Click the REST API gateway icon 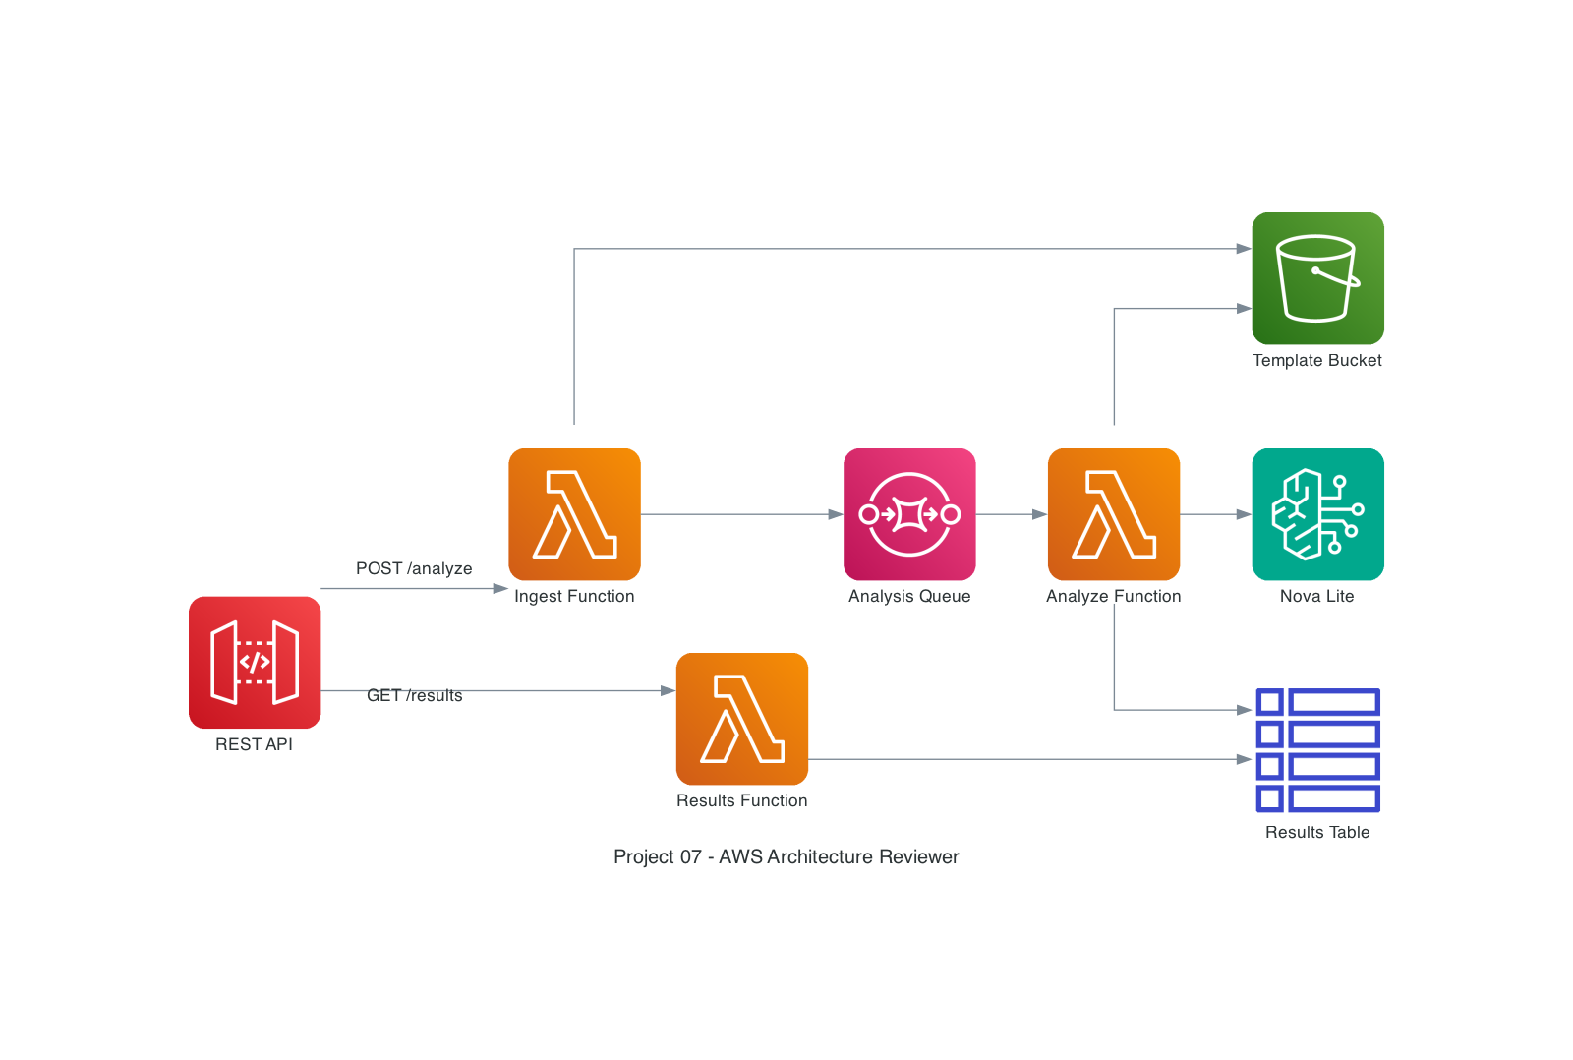(255, 662)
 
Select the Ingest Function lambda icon (574, 514)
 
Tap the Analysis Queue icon (909, 514)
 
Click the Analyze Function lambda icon (1114, 514)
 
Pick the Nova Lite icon (1317, 514)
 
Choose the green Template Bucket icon (1317, 278)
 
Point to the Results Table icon (1317, 750)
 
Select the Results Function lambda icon (742, 719)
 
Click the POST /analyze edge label (414, 568)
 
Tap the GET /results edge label (414, 695)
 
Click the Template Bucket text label (1317, 360)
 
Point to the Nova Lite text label (1317, 596)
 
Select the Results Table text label (1317, 832)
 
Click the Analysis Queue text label (909, 596)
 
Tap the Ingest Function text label (574, 596)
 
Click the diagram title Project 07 (786, 856)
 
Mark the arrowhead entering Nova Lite (1244, 514)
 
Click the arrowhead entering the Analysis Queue (836, 514)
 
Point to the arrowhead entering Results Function (669, 691)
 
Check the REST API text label (255, 744)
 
